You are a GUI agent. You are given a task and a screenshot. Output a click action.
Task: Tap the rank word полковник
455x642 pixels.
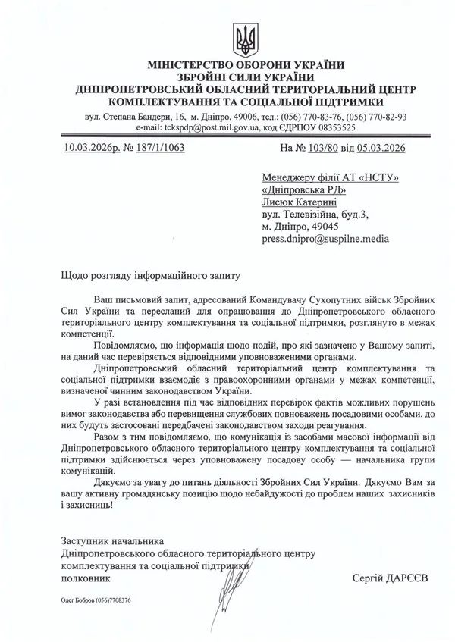(85, 578)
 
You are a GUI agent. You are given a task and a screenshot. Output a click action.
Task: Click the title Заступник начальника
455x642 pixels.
(111, 541)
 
